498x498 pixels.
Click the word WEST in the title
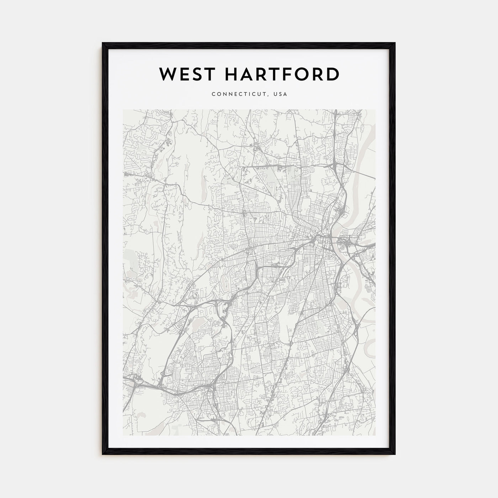coord(182,74)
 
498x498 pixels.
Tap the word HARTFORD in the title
coord(277,74)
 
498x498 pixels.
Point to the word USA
coord(281,94)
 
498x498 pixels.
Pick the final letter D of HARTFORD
coord(333,74)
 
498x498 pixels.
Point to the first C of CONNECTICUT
coord(213,94)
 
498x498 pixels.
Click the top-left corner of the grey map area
coord(123,110)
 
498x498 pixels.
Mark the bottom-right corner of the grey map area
coord(375,435)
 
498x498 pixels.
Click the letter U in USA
coord(276,94)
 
